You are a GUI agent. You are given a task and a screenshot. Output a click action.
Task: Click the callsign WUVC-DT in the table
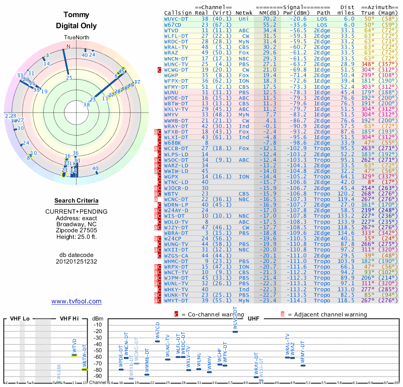pos(176,19)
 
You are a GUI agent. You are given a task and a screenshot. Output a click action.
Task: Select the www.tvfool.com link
pos(76,301)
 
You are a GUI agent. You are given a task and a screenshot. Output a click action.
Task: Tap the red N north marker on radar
pos(69,47)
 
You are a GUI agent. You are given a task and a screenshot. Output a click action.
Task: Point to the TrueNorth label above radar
pos(76,38)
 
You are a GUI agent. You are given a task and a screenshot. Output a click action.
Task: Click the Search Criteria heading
pos(76,201)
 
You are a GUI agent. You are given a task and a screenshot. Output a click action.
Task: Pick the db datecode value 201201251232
pos(76,261)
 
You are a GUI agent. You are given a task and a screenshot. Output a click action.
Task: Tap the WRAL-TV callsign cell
pos(177,47)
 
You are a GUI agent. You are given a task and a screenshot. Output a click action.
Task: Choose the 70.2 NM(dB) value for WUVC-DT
pos(269,19)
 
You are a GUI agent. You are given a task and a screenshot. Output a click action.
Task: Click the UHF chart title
pos(252,318)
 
